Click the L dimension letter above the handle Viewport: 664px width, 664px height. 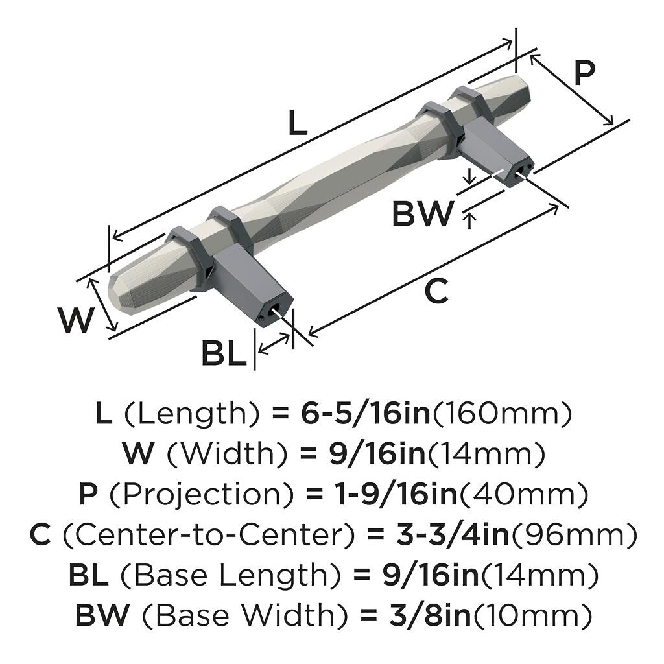[298, 123]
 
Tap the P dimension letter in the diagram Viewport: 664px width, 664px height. [584, 74]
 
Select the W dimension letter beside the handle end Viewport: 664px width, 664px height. [77, 320]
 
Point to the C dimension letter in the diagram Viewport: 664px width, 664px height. [436, 292]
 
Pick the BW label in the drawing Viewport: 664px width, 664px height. [422, 214]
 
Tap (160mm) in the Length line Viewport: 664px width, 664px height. [503, 414]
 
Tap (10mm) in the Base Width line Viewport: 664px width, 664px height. [533, 615]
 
